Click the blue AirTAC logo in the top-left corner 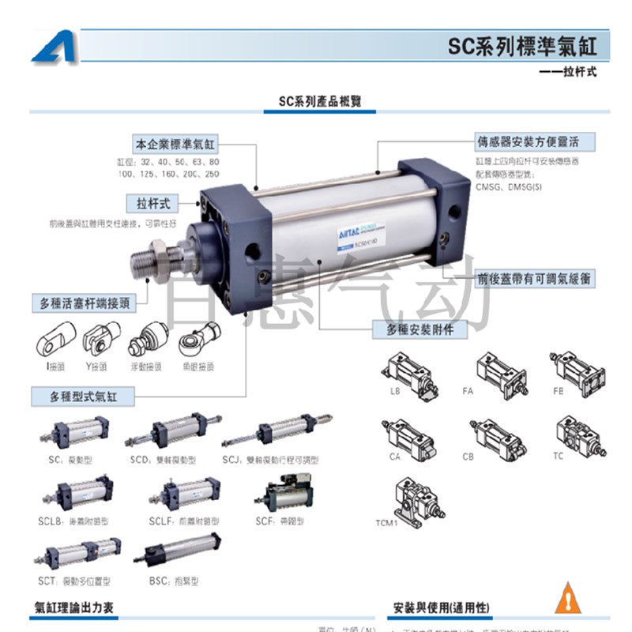pos(55,47)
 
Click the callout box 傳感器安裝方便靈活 pos(536,142)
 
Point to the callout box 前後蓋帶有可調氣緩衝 pos(535,279)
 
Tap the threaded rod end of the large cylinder pos(145,261)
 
